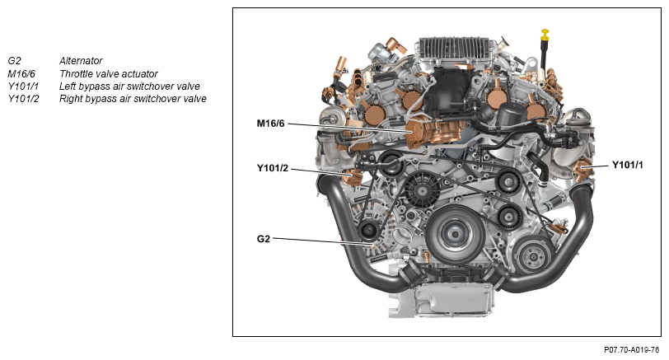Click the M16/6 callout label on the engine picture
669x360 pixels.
point(270,124)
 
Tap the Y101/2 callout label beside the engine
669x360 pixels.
point(273,168)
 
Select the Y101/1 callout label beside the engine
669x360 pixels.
point(627,165)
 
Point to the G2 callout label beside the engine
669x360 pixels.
point(264,239)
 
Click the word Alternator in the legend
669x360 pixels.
point(81,61)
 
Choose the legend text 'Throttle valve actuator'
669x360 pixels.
point(109,74)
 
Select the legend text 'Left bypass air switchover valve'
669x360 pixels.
point(129,86)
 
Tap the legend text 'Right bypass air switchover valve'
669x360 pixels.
point(133,99)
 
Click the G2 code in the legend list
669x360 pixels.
point(14,61)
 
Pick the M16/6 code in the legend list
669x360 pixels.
point(21,74)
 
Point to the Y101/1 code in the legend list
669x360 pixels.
point(23,86)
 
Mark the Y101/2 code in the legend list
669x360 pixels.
point(23,99)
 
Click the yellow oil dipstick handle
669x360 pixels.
point(545,34)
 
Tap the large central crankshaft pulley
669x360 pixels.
point(455,233)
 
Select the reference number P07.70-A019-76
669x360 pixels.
point(631,350)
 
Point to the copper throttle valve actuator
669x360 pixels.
point(431,131)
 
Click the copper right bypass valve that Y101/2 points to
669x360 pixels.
point(353,177)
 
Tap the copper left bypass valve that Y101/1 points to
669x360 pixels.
point(583,168)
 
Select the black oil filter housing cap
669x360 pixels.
point(512,113)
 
